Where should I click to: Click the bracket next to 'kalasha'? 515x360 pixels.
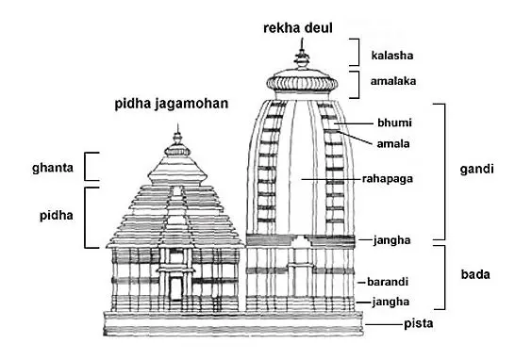tap(355, 52)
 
